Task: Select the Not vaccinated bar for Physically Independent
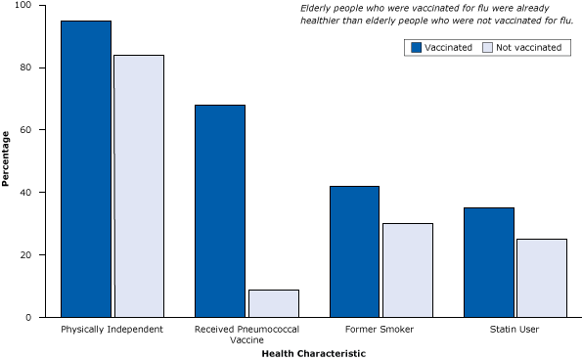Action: [x=138, y=186]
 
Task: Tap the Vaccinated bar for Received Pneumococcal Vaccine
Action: [x=220, y=210]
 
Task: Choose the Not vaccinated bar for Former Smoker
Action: [x=407, y=270]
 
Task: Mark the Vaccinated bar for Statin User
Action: [x=488, y=262]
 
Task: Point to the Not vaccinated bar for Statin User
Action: [x=541, y=278]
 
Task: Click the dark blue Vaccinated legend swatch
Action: [x=416, y=47]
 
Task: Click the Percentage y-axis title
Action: [x=7, y=158]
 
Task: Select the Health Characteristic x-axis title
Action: [x=313, y=353]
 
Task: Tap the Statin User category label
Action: [x=515, y=329]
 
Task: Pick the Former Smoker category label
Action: [x=381, y=329]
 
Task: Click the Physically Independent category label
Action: [x=112, y=329]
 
